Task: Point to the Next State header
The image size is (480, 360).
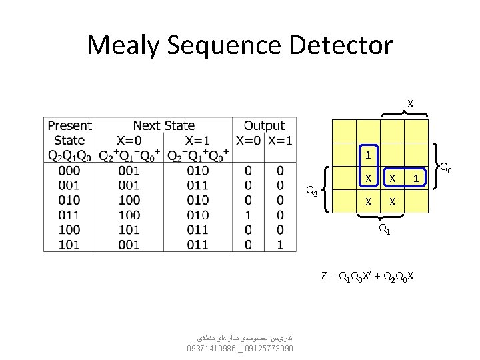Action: click(x=164, y=125)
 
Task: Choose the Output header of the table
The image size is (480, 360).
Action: click(x=264, y=125)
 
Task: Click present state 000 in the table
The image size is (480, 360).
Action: click(x=69, y=170)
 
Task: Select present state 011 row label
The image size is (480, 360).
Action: click(x=69, y=215)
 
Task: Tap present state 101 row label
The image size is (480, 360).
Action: click(x=69, y=245)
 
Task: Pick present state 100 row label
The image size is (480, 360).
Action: click(x=69, y=230)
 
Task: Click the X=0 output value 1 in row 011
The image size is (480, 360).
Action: click(x=248, y=215)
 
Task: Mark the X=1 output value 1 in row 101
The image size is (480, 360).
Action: click(x=280, y=245)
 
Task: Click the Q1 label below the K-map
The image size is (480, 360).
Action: click(x=384, y=230)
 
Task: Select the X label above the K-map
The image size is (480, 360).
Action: click(x=410, y=104)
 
